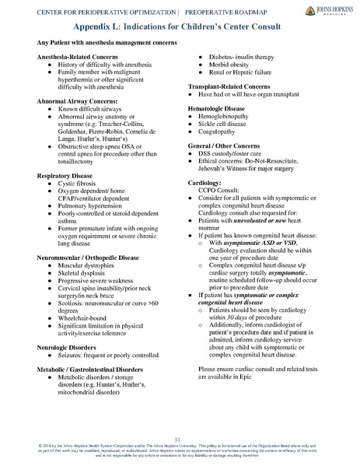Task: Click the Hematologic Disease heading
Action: click(x=223, y=110)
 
